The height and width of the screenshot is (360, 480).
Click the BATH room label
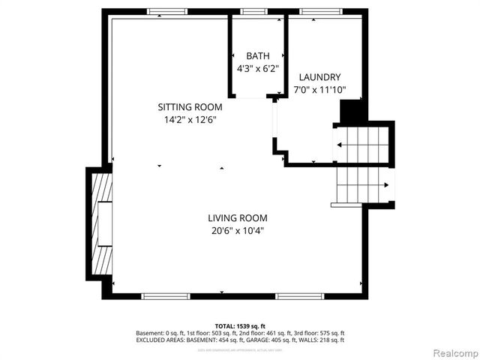257,56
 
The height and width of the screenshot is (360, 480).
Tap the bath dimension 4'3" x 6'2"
257,68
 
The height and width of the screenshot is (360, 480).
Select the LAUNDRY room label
319,77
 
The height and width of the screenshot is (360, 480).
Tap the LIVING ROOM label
237,218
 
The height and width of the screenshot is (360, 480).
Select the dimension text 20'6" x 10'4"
237,231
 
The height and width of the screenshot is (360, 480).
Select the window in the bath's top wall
253,11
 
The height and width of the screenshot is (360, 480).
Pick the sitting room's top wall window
166,11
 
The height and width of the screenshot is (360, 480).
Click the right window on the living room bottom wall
298,296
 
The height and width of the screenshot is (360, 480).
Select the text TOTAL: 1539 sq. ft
240,325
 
